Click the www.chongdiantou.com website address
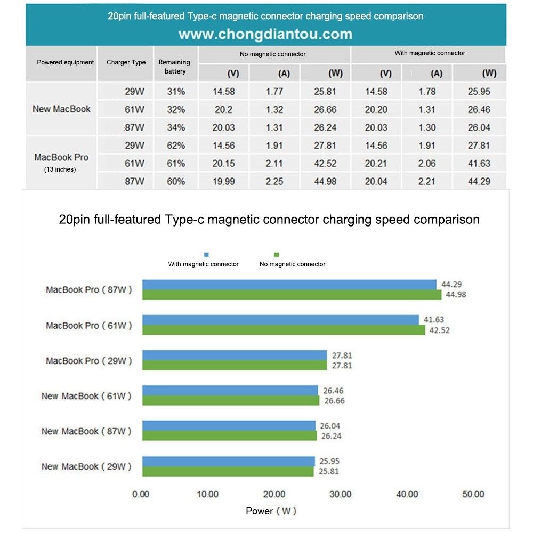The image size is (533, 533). (x=265, y=35)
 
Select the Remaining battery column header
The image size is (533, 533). (x=174, y=67)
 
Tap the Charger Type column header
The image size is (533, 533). (x=126, y=62)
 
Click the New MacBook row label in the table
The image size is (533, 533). (x=61, y=109)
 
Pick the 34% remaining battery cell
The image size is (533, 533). (x=175, y=127)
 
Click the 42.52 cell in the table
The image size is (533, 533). (x=325, y=164)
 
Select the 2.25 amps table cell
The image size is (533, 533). (x=274, y=182)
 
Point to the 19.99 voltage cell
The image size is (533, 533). (x=223, y=182)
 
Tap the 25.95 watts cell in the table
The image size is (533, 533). (x=478, y=92)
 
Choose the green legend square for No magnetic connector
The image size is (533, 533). (x=276, y=255)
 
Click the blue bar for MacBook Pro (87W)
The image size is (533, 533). (x=289, y=285)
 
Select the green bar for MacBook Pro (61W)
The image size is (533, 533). (x=284, y=330)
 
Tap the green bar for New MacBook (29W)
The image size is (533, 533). (x=228, y=471)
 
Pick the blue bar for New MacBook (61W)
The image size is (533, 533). (x=230, y=390)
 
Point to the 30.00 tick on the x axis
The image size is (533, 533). (x=339, y=494)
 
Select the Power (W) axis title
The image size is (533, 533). (x=271, y=511)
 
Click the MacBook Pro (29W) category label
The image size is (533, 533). (x=88, y=361)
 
